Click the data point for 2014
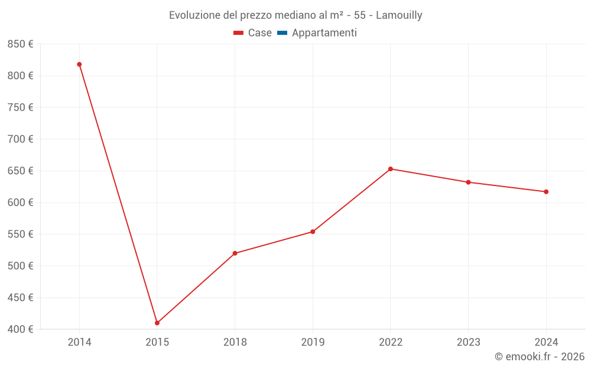[x=79, y=64]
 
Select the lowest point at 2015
[x=157, y=323]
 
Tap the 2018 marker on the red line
[x=235, y=253]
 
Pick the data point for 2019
[x=313, y=231]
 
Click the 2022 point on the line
[x=391, y=169]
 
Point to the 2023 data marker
[x=468, y=182]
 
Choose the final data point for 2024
[x=546, y=192]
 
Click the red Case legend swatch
[x=239, y=33]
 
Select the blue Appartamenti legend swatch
[x=282, y=33]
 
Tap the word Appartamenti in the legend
[x=324, y=33]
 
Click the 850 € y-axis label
[x=21, y=44]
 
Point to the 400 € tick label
[x=21, y=329]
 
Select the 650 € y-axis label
[x=21, y=171]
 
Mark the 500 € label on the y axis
[x=21, y=266]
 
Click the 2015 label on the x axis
[x=157, y=342]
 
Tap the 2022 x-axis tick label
[x=391, y=342]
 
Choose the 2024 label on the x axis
[x=546, y=342]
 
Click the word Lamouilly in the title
[x=399, y=15]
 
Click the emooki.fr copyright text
[x=540, y=357]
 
